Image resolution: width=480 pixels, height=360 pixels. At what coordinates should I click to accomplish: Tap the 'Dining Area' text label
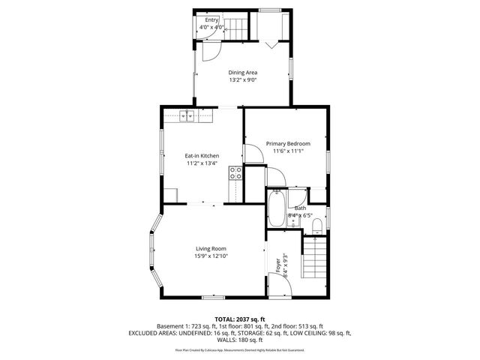pyautogui.click(x=243, y=73)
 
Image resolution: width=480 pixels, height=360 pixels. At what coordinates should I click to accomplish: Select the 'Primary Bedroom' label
pyautogui.click(x=287, y=143)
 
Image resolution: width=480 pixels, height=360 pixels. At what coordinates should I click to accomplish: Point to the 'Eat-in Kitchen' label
pyautogui.click(x=202, y=155)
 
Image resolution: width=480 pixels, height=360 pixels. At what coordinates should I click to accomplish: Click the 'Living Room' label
pyautogui.click(x=211, y=249)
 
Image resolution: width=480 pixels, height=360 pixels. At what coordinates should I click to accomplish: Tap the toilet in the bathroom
pyautogui.click(x=316, y=224)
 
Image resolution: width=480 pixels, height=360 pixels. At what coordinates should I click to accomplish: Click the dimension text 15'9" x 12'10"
pyautogui.click(x=211, y=256)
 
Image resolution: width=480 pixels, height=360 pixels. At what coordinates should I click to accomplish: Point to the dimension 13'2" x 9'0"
pyautogui.click(x=243, y=80)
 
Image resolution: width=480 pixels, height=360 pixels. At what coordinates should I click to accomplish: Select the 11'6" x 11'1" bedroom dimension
pyautogui.click(x=287, y=151)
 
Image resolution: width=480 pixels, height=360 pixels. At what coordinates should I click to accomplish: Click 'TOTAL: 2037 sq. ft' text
pyautogui.click(x=240, y=319)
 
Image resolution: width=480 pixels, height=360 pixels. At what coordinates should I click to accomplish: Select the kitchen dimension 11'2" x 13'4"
pyautogui.click(x=202, y=163)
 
